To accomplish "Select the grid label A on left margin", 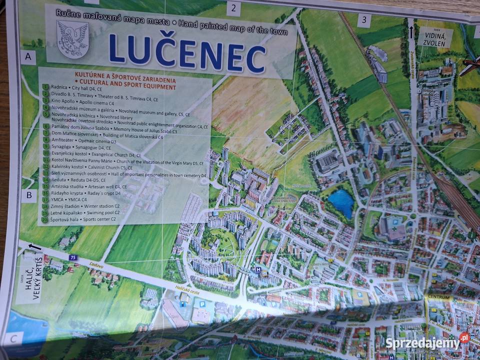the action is click(28, 58).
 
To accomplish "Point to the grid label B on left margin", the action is click(29, 194).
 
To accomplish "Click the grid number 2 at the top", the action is click(233, 8).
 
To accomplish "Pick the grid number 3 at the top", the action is click(364, 20).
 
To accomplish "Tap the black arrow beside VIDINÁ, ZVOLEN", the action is click(411, 32).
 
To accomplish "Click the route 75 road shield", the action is click(73, 257).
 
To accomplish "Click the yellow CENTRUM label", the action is click(439, 297).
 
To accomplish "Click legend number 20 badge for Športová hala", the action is click(44, 219).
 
